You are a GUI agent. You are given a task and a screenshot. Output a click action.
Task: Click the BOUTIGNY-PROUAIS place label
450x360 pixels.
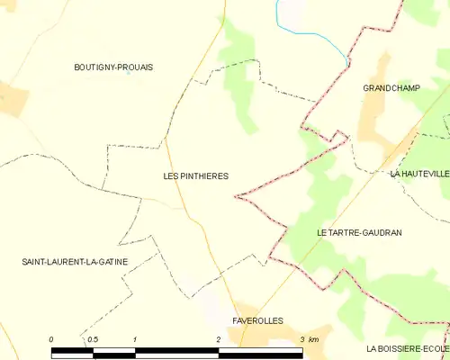(113, 67)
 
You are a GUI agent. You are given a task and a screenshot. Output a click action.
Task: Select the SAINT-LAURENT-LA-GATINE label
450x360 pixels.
(75, 262)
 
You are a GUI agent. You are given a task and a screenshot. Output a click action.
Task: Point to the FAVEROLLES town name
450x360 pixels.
(257, 320)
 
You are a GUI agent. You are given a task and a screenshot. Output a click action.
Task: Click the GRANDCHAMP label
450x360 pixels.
(392, 88)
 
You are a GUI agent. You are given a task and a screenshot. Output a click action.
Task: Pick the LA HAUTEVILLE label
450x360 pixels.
(419, 173)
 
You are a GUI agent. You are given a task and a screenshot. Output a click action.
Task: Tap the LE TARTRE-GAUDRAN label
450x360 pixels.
(359, 232)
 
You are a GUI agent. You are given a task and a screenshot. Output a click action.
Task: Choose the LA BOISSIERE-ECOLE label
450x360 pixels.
(407, 347)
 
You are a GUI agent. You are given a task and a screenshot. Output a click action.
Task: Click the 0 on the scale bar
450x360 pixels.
(51, 339)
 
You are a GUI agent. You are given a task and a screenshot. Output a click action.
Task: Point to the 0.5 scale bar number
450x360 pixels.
(92, 339)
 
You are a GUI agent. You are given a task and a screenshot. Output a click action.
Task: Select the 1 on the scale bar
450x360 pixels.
(134, 339)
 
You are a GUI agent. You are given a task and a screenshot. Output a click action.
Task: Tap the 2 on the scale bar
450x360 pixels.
(219, 339)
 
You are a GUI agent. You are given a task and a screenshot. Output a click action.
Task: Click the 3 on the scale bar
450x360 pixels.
(302, 339)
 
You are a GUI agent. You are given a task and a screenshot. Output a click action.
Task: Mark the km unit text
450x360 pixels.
(313, 339)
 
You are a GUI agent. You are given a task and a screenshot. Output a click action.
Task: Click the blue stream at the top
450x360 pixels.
(310, 34)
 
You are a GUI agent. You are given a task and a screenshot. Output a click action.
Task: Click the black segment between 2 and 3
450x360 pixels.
(261, 353)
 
